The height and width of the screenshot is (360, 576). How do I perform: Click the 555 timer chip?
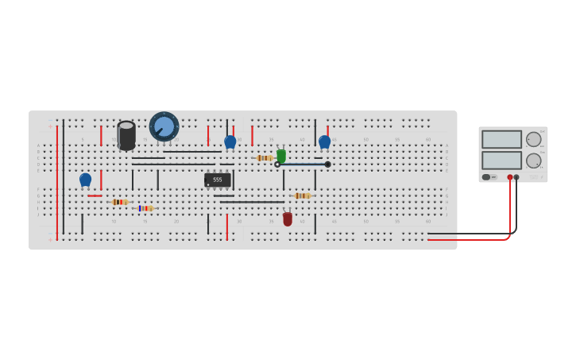(218, 180)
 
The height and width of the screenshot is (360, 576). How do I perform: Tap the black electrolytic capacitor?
(126, 135)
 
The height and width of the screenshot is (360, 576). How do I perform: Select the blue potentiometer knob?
(164, 126)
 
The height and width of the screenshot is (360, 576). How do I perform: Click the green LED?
(281, 155)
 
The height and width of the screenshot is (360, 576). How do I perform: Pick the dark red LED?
(288, 219)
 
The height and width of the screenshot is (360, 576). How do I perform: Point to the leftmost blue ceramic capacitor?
(85, 180)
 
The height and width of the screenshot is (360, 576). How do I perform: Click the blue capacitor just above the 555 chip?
(230, 141)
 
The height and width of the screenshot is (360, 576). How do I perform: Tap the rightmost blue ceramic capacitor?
(324, 141)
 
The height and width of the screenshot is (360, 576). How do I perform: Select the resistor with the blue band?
(144, 208)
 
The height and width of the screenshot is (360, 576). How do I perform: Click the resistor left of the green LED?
(264, 158)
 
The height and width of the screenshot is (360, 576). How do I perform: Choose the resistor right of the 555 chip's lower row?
(302, 195)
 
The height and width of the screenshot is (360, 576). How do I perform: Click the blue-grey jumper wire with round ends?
(302, 165)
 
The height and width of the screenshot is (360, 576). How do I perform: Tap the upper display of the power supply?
(501, 140)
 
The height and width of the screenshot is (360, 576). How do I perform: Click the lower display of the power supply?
(501, 161)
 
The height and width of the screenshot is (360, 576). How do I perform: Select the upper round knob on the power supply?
(534, 140)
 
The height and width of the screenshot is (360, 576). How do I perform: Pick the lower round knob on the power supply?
(534, 161)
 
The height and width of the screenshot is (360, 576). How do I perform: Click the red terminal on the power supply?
(510, 177)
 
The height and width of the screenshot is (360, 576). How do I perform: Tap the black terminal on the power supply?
(516, 177)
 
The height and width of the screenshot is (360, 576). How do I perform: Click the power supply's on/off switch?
(487, 177)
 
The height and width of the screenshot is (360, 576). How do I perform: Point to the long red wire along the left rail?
(57, 183)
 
